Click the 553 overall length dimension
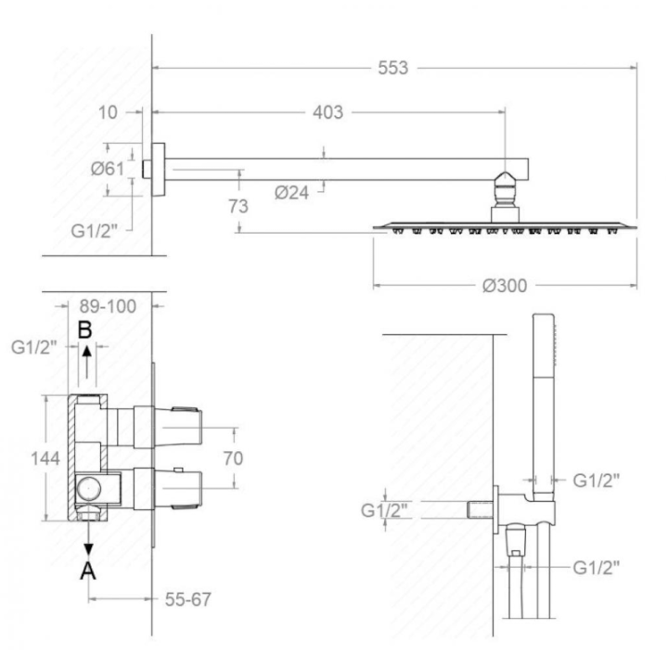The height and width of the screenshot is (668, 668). click(x=392, y=68)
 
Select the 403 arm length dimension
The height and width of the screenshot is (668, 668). click(x=328, y=112)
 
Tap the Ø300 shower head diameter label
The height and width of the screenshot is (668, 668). click(x=505, y=286)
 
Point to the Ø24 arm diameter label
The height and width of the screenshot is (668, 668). click(x=291, y=193)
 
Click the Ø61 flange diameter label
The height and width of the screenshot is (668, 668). click(x=108, y=169)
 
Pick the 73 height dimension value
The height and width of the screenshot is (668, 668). click(x=238, y=207)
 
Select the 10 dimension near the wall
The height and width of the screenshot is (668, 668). click(x=108, y=112)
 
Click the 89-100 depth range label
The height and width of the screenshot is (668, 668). click(x=108, y=306)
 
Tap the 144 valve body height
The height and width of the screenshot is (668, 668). click(x=45, y=458)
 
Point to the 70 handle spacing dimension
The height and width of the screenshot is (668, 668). click(x=233, y=458)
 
